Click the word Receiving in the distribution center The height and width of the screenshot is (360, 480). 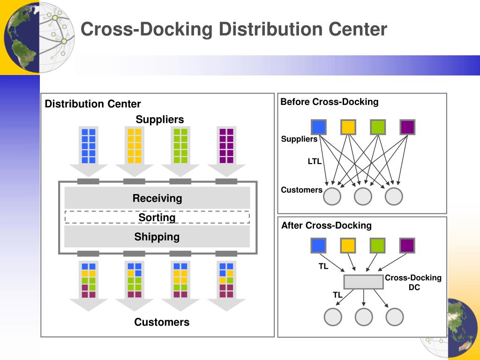click(x=157, y=198)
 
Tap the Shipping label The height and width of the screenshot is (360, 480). click(x=157, y=237)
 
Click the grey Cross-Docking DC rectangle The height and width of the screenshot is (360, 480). click(x=363, y=282)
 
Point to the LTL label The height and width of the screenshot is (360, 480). click(x=315, y=161)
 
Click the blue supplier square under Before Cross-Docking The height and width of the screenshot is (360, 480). click(x=319, y=127)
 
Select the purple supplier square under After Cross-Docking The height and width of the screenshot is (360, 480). click(x=407, y=246)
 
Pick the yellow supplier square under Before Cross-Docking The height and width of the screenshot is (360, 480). click(x=348, y=127)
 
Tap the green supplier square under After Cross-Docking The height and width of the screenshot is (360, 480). click(x=377, y=246)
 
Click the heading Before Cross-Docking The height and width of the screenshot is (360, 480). click(x=330, y=102)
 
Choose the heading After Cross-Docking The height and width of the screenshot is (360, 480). click(x=326, y=225)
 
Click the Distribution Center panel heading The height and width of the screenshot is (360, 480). click(x=93, y=104)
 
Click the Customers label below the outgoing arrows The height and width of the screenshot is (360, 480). click(x=162, y=322)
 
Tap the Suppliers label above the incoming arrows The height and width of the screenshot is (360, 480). click(x=160, y=120)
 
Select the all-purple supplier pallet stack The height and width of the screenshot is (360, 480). click(x=226, y=146)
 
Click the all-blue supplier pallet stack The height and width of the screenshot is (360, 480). click(x=89, y=146)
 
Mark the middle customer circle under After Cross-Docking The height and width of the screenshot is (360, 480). click(x=364, y=317)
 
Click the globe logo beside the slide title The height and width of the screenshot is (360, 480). click(x=38, y=37)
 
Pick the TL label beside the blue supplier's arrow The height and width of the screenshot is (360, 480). click(x=323, y=266)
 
